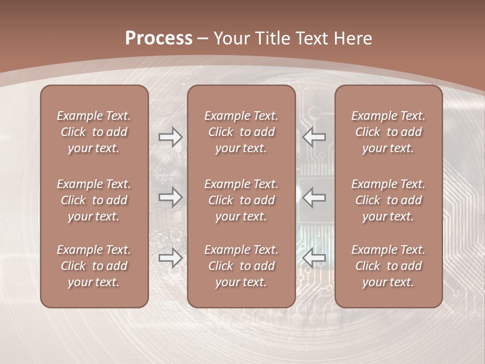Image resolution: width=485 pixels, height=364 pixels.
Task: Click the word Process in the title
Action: point(159,38)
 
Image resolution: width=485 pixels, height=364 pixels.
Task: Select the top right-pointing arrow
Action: point(170,136)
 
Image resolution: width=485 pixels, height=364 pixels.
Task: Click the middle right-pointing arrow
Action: point(170,197)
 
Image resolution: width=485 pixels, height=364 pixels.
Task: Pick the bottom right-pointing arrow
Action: point(170,258)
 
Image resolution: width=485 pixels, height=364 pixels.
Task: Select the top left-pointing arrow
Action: point(314,136)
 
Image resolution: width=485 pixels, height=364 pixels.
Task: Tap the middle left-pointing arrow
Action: point(314,197)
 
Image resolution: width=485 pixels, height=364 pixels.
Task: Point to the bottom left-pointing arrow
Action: point(314,258)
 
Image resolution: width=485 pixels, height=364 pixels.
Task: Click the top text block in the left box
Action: point(94,132)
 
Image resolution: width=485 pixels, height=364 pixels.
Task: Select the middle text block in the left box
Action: point(94,200)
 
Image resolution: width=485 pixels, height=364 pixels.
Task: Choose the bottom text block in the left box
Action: point(94,266)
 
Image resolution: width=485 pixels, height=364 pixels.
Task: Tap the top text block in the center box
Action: point(241,132)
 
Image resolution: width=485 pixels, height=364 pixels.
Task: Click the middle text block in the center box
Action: point(241,200)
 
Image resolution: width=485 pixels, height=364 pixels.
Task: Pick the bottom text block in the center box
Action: point(241,266)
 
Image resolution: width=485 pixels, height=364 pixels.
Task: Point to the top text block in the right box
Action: point(388,132)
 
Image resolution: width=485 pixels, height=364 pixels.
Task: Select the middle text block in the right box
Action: point(388,200)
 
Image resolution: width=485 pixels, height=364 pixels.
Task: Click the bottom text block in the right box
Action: point(388,266)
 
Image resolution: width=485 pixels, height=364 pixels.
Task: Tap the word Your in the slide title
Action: point(230,38)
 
